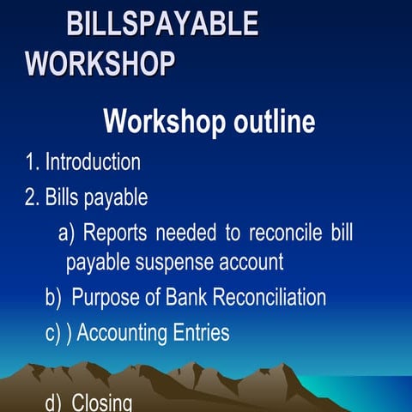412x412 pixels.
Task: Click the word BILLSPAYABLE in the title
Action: [x=162, y=24]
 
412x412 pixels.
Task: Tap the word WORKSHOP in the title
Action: [x=101, y=64]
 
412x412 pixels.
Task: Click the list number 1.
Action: [x=31, y=161]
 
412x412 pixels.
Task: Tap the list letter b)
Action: [x=54, y=297]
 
